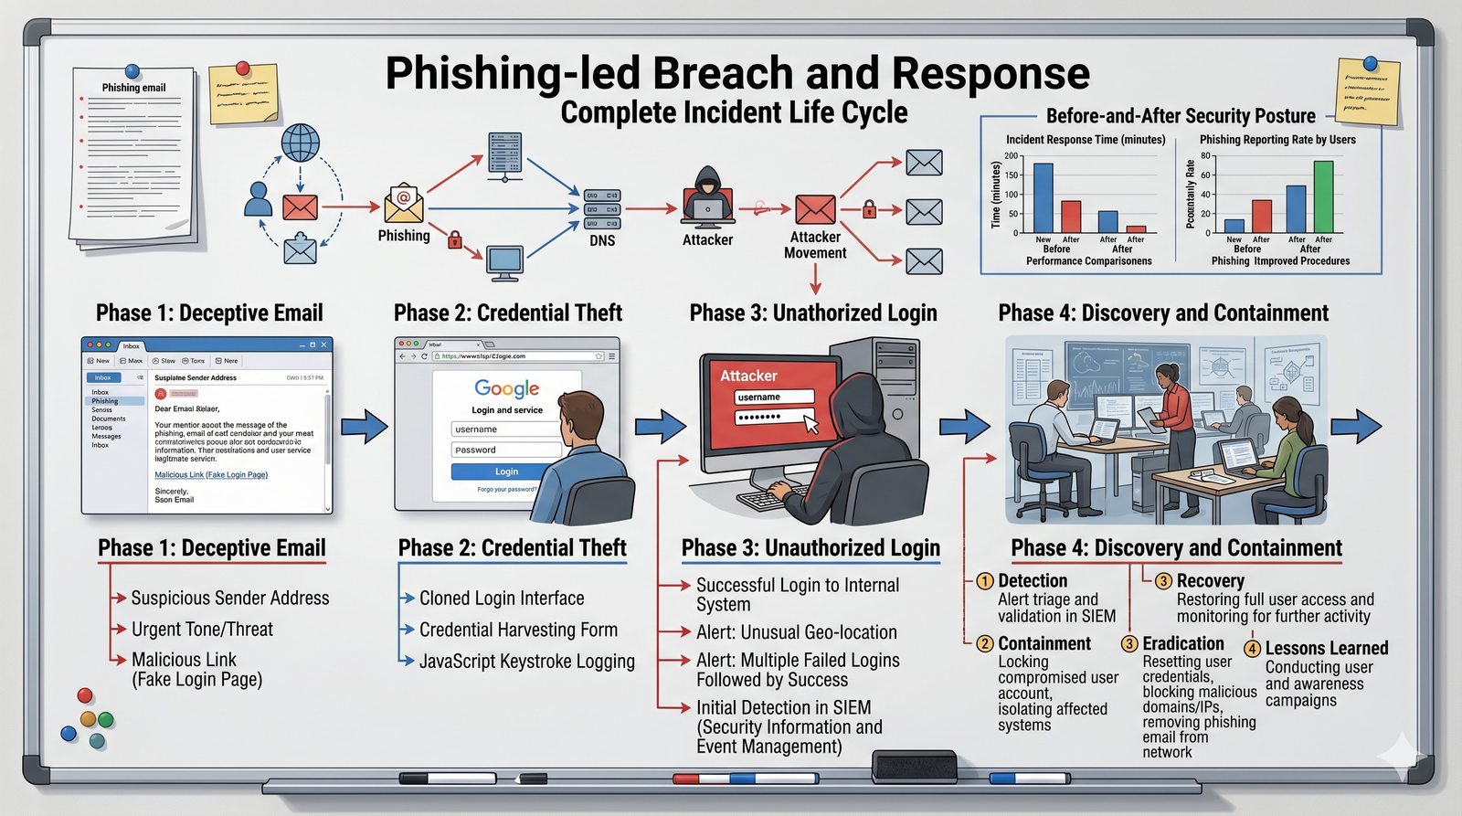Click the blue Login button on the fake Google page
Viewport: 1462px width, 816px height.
coord(505,472)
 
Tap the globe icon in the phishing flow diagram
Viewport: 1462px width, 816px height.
coord(300,143)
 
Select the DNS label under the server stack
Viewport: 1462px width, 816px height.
coord(602,240)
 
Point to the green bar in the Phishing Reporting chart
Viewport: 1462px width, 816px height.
coord(1323,196)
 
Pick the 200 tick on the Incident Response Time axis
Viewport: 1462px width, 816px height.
coord(1011,155)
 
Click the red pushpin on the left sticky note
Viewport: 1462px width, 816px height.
coord(243,68)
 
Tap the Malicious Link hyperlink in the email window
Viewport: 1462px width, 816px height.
coord(211,475)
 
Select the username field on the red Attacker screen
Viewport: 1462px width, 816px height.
coord(774,397)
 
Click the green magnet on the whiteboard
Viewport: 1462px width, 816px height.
coord(105,719)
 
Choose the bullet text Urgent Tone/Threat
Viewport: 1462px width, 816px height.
coord(202,630)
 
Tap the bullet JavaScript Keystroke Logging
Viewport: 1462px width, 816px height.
coord(526,662)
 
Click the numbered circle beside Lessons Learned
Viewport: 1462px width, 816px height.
coord(1252,648)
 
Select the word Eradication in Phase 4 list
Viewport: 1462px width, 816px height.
coord(1182,644)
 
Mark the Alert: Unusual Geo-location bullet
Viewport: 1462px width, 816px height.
coord(796,632)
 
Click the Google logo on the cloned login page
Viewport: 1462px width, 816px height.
coord(506,388)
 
